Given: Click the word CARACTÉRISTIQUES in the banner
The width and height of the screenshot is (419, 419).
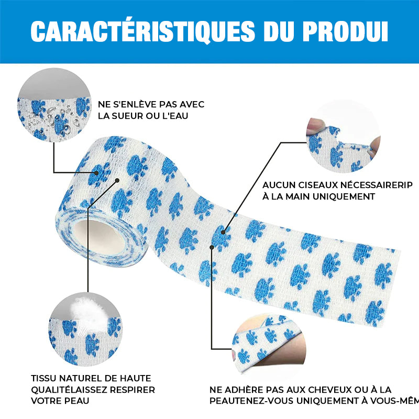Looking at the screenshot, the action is pyautogui.click(x=142, y=31).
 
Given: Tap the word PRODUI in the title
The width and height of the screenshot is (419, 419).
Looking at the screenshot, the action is pyautogui.click(x=345, y=31).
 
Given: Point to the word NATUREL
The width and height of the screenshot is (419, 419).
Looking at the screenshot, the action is pyautogui.click(x=80, y=378).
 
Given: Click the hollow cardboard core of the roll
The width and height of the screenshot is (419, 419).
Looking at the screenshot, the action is pyautogui.click(x=99, y=238).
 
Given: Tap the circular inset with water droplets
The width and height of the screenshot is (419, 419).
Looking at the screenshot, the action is pyautogui.click(x=54, y=105).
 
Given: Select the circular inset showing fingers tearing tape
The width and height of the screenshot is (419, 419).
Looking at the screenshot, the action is pyautogui.click(x=343, y=136).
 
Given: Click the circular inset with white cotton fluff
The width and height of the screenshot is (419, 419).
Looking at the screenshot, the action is pyautogui.click(x=85, y=329).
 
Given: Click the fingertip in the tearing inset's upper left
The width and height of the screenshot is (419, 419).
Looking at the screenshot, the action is pyautogui.click(x=316, y=126).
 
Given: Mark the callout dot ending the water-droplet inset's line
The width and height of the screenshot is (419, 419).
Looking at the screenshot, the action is pyautogui.click(x=96, y=173).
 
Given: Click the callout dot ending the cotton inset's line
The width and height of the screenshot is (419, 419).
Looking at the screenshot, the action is pyautogui.click(x=117, y=181).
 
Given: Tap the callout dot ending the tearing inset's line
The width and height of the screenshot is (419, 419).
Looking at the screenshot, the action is pyautogui.click(x=223, y=232).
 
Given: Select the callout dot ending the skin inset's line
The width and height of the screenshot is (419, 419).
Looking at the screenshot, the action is pyautogui.click(x=212, y=247).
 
